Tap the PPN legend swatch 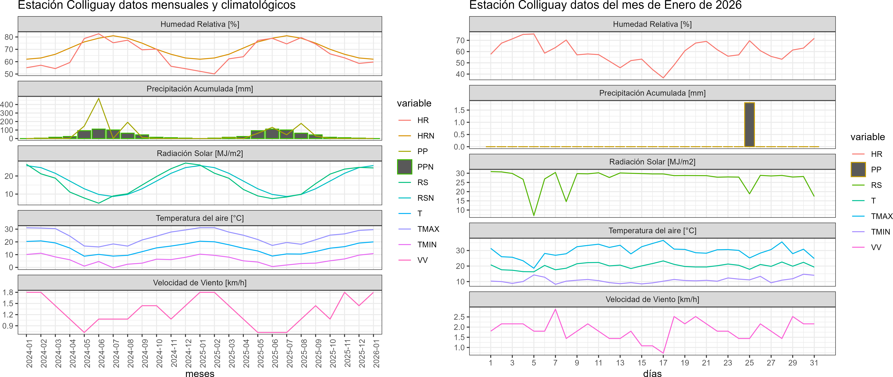[x=405, y=167]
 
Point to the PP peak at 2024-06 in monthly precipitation [x=99, y=99]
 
